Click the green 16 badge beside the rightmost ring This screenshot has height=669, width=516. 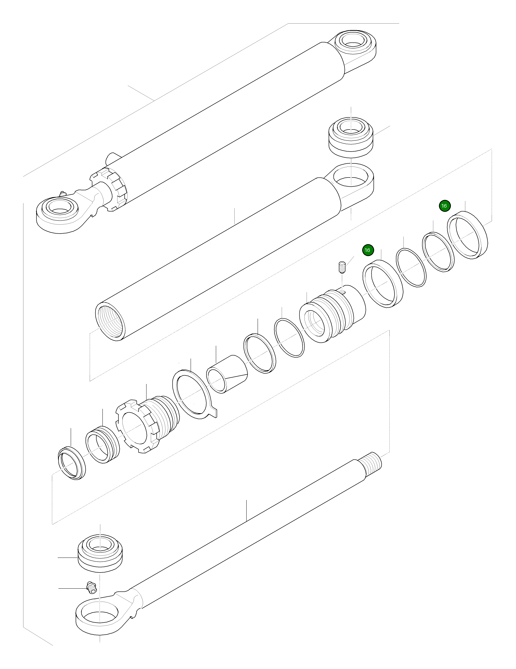[x=444, y=206]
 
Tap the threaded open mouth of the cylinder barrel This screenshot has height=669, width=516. [x=111, y=322]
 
